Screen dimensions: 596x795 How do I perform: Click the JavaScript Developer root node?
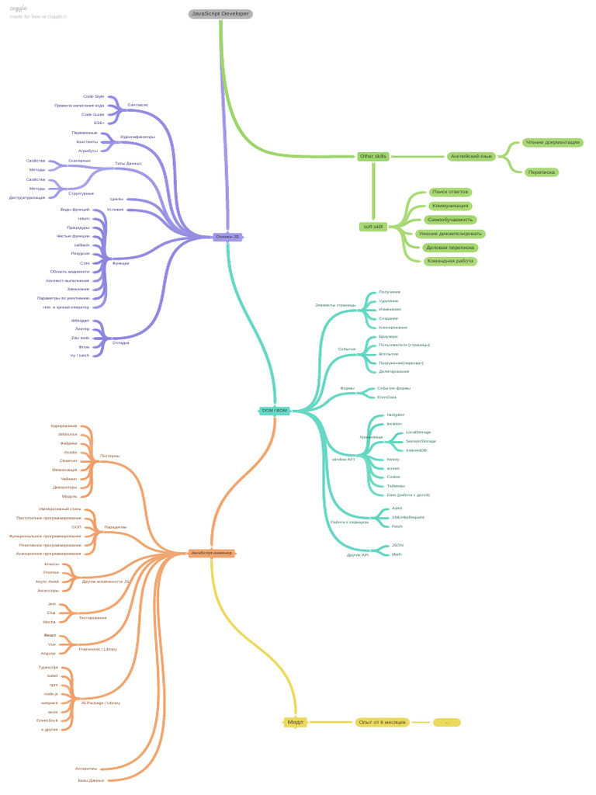pyautogui.click(x=220, y=13)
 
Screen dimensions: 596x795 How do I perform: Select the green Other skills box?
pyautogui.click(x=372, y=156)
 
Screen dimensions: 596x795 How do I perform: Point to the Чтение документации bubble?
pyautogui.click(x=552, y=142)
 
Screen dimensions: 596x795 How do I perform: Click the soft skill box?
pyautogui.click(x=372, y=227)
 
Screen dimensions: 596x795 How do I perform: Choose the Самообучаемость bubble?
pyautogui.click(x=451, y=220)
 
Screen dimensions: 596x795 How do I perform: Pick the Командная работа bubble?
pyautogui.click(x=450, y=261)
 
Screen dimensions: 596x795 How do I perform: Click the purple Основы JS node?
pyautogui.click(x=227, y=237)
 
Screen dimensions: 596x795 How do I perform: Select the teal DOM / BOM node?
pyautogui.click(x=275, y=410)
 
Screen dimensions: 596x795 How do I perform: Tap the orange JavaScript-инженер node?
pyautogui.click(x=211, y=553)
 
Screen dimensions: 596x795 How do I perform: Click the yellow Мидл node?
pyautogui.click(x=295, y=722)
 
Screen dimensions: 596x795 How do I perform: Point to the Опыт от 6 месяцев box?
pyautogui.click(x=383, y=722)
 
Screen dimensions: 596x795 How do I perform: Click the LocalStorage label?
pyautogui.click(x=418, y=432)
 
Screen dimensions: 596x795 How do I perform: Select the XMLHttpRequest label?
pyautogui.click(x=408, y=516)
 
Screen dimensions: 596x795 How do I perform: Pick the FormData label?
pyautogui.click(x=386, y=397)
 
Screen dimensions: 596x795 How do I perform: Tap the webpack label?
pyautogui.click(x=50, y=702)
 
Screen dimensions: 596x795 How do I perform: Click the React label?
pyautogui.click(x=50, y=635)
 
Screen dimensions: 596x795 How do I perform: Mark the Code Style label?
pyautogui.click(x=94, y=96)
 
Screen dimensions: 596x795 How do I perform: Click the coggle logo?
pyautogui.click(x=18, y=7)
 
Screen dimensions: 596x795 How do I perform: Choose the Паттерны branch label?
pyautogui.click(x=110, y=456)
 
